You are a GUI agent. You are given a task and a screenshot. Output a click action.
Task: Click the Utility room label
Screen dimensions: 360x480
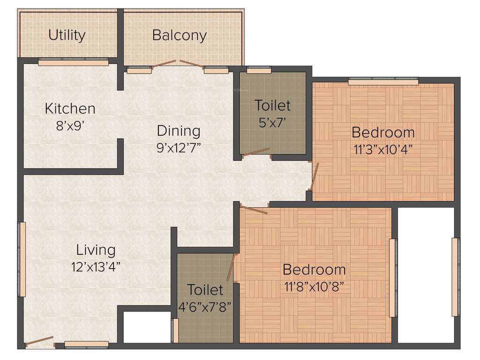coord(67,35)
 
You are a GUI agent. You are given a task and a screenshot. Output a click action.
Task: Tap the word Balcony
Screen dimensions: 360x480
coord(179,35)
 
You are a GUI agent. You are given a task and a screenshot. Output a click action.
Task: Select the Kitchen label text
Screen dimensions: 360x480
coord(70,108)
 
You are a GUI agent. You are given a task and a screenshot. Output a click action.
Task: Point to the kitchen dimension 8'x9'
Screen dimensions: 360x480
coord(70,126)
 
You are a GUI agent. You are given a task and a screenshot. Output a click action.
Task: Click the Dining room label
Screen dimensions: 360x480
coord(178,130)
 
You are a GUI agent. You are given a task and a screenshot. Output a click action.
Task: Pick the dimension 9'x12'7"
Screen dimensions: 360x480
coord(178,148)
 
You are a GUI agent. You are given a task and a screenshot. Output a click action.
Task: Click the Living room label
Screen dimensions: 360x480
coord(96,250)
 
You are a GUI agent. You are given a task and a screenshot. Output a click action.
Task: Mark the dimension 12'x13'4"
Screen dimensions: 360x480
coord(96,267)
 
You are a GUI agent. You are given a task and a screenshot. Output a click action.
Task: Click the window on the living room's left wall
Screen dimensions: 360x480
coord(22,259)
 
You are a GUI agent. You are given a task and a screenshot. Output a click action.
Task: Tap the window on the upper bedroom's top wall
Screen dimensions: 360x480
coord(383,82)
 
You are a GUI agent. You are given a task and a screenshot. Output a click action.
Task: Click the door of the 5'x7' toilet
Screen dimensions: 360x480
coord(255,152)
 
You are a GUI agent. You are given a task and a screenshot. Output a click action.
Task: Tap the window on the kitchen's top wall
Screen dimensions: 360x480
coord(73,62)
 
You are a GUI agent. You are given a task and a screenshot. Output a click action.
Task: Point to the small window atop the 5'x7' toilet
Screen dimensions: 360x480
coord(259,70)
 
